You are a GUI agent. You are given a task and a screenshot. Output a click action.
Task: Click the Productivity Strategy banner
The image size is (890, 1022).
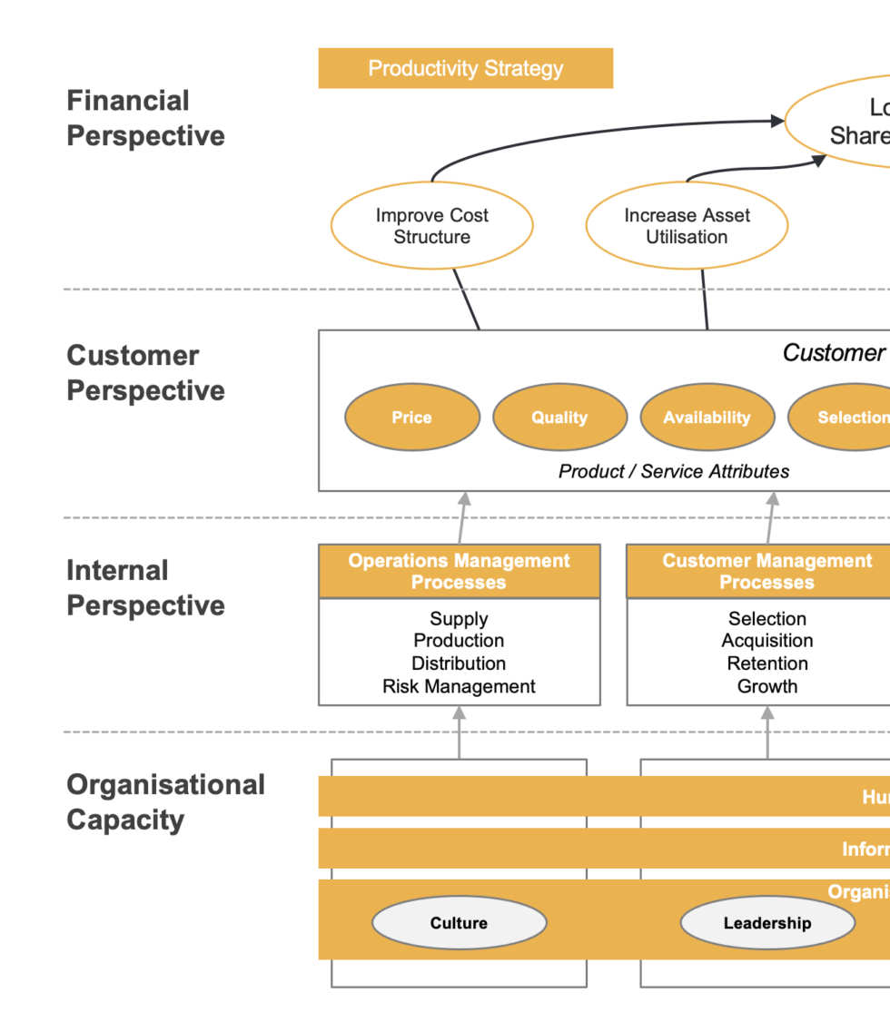point(465,69)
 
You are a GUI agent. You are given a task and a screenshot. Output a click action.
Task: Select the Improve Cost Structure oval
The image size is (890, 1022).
point(431,226)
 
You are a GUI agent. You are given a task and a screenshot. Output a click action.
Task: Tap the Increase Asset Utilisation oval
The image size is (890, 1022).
point(687,226)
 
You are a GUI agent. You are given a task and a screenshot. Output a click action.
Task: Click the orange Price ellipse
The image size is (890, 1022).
point(411,418)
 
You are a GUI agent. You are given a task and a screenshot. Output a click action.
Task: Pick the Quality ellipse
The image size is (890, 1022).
point(559,418)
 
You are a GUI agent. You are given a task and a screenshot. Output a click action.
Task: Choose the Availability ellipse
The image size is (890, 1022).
point(707,418)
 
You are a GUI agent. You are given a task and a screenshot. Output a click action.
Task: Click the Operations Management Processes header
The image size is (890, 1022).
point(459,572)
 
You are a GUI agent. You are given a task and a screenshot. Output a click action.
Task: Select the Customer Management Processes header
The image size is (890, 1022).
point(766,572)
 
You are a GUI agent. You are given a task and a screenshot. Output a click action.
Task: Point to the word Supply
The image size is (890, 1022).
point(459,619)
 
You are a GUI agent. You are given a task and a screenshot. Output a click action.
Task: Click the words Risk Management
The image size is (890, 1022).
point(459,687)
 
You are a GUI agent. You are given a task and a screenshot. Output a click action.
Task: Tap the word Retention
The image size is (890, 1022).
point(766,663)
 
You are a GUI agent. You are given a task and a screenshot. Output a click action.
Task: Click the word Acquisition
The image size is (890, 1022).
point(766,641)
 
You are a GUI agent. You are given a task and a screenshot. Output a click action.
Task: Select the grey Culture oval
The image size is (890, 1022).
point(459,923)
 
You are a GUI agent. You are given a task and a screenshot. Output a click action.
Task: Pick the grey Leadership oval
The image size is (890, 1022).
point(766,923)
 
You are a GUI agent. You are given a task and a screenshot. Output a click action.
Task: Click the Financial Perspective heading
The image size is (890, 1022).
point(145,118)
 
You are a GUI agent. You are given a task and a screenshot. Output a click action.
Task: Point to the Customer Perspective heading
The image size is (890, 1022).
point(145,373)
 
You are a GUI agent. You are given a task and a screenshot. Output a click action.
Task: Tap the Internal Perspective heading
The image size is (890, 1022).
point(145,588)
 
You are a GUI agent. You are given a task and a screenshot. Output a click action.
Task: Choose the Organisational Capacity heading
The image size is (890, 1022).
point(165,802)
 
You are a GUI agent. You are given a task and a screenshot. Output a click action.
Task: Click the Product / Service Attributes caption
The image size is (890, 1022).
point(673,471)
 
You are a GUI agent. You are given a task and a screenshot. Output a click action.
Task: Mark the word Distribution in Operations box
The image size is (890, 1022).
point(459,663)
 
